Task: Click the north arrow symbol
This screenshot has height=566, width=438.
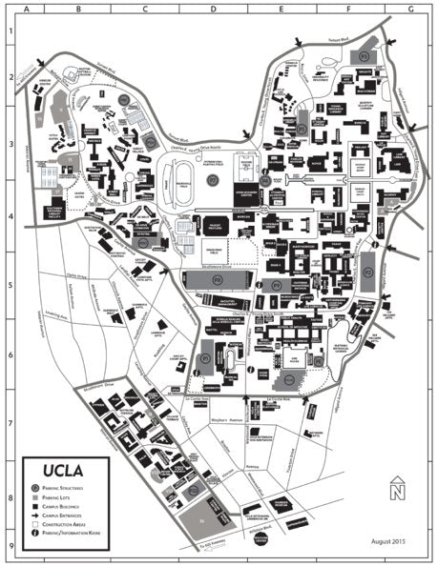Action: pyautogui.click(x=397, y=490)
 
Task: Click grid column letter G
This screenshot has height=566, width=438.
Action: pyautogui.click(x=409, y=7)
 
